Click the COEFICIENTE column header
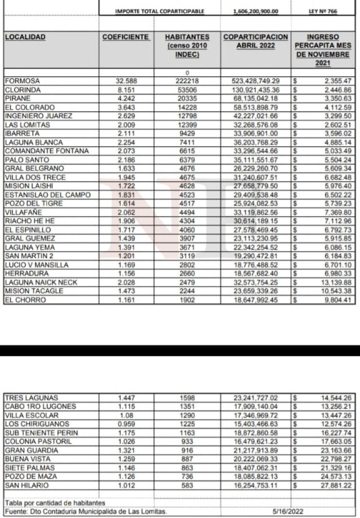[x=126, y=37]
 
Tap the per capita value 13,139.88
[x=334, y=283]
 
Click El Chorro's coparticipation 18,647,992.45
[x=255, y=300]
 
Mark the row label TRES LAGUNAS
[x=31, y=398]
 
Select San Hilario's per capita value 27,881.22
[x=334, y=485]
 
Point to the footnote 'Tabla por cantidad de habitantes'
[x=55, y=502]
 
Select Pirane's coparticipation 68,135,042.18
[x=255, y=98]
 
